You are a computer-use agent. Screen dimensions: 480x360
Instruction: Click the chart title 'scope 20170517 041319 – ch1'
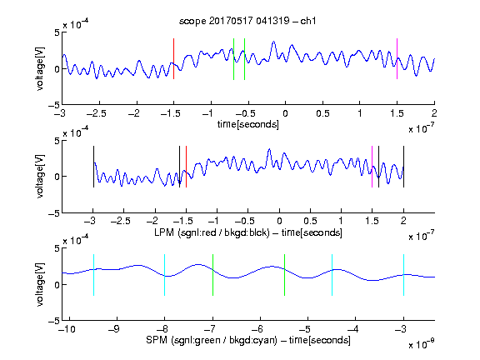pyautogui.click(x=247, y=21)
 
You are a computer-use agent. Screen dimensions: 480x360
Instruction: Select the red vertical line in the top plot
pyautogui.click(x=173, y=59)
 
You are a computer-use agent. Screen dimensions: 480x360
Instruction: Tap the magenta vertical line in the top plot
pyautogui.click(x=397, y=59)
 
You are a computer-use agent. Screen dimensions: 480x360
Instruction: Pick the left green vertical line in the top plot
pyautogui.click(x=233, y=59)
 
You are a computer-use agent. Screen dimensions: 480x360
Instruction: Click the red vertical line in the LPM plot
pyautogui.click(x=186, y=167)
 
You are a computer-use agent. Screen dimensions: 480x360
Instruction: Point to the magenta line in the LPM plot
pyautogui.click(x=372, y=167)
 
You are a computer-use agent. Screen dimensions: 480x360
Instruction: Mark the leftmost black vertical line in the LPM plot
pyautogui.click(x=93, y=167)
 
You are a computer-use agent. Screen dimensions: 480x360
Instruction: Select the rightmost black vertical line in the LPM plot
pyautogui.click(x=403, y=167)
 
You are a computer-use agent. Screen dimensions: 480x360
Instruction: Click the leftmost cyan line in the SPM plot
pyautogui.click(x=93, y=275)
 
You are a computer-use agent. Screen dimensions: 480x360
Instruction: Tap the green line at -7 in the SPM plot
pyautogui.click(x=212, y=275)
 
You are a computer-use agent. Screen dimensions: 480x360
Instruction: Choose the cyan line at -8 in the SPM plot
pyautogui.click(x=165, y=275)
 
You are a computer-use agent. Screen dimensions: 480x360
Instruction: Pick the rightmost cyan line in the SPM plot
pyautogui.click(x=403, y=275)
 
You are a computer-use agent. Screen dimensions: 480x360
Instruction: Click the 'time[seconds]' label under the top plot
pyautogui.click(x=248, y=124)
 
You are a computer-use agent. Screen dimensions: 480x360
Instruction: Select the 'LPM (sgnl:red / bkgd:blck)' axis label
pyautogui.click(x=212, y=232)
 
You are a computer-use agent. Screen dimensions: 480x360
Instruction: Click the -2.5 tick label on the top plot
pyautogui.click(x=97, y=113)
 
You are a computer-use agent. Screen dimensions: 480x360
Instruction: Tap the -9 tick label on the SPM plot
pyautogui.click(x=114, y=329)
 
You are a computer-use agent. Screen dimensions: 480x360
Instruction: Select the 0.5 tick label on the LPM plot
pyautogui.click(x=310, y=221)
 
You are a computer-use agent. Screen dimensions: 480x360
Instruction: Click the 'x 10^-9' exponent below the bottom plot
pyautogui.click(x=421, y=344)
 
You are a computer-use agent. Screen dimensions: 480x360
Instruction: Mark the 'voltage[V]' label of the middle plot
pyautogui.click(x=40, y=177)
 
